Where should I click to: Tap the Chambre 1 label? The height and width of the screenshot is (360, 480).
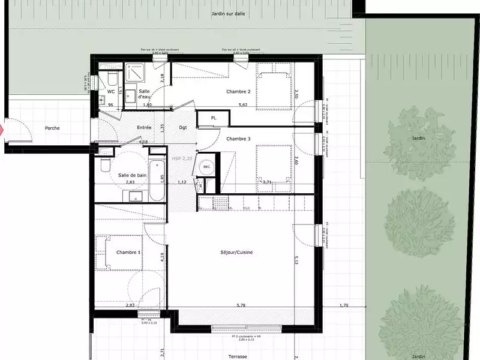[128, 253]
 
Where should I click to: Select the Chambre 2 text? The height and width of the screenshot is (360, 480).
[238, 92]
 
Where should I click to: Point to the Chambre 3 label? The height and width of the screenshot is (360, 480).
[238, 139]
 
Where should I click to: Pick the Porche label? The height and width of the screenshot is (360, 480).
[56, 128]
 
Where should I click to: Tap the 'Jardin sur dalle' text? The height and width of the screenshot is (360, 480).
[227, 13]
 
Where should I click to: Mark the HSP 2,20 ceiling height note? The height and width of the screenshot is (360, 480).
[181, 159]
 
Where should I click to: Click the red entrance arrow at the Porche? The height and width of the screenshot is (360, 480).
[2, 129]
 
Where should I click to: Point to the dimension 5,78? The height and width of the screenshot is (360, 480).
[241, 305]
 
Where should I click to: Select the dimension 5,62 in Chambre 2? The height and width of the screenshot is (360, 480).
[243, 105]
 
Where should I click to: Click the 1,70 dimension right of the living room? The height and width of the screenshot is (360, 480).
[343, 305]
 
